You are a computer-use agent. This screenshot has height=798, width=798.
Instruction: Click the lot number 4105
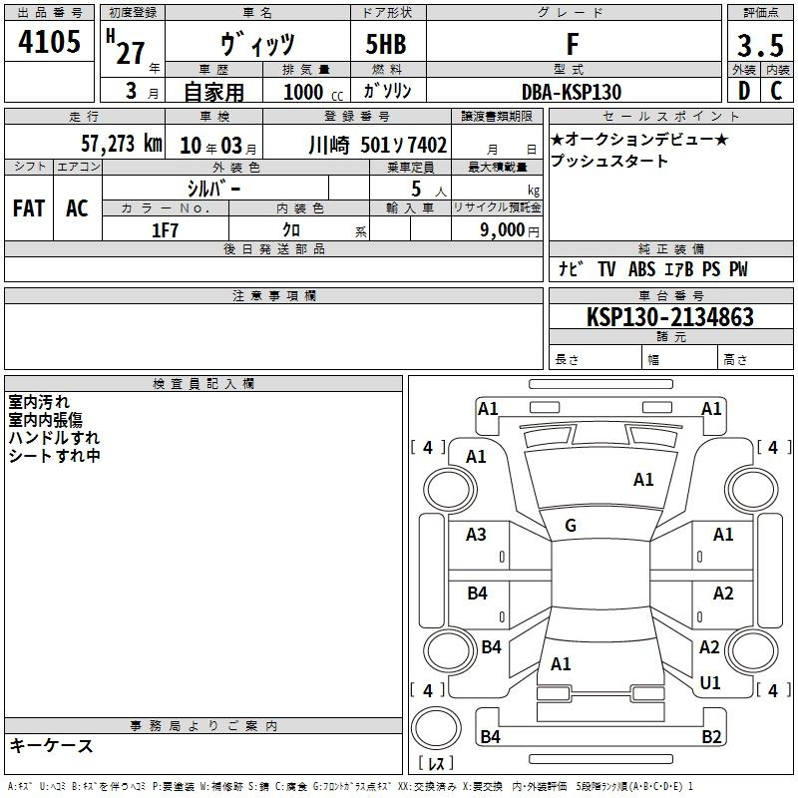(49, 41)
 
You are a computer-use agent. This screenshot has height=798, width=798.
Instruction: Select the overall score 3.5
(760, 45)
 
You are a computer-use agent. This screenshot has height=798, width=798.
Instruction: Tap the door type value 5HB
(386, 44)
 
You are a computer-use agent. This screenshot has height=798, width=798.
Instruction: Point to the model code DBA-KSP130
(572, 92)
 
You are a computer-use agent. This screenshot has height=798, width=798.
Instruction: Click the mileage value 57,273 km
(122, 144)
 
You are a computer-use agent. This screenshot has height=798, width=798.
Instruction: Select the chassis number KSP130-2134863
(669, 317)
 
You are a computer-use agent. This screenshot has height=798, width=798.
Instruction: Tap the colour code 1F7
(165, 230)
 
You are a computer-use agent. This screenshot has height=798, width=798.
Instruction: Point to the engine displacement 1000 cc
(313, 92)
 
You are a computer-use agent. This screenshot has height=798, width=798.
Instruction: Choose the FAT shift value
(29, 208)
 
